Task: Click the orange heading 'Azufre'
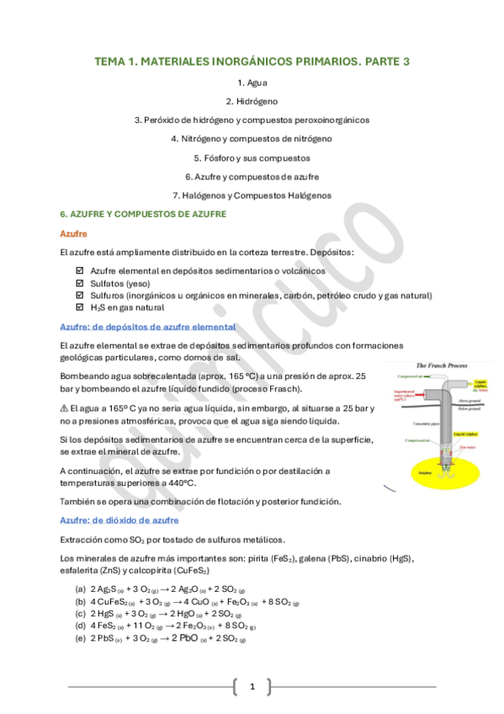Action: click(74, 233)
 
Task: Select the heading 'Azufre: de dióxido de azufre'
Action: click(125, 520)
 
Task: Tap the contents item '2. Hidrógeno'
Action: click(252, 101)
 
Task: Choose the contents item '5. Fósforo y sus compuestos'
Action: click(252, 157)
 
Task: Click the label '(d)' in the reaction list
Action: click(80, 626)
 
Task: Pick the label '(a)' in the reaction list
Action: click(80, 589)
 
